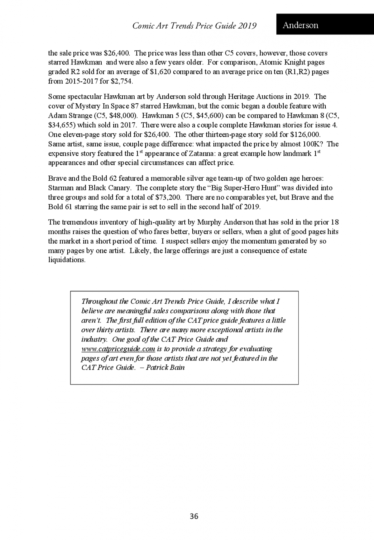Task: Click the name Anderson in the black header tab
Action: pyautogui.click(x=300, y=25)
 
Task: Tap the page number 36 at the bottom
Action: pyautogui.click(x=194, y=516)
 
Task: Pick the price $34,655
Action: pyautogui.click(x=60, y=125)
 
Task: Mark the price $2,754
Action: pyautogui.click(x=122, y=82)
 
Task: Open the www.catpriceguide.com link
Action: pyautogui.click(x=118, y=349)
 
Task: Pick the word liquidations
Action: pyautogui.click(x=66, y=260)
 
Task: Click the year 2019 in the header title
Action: pyautogui.click(x=247, y=26)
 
